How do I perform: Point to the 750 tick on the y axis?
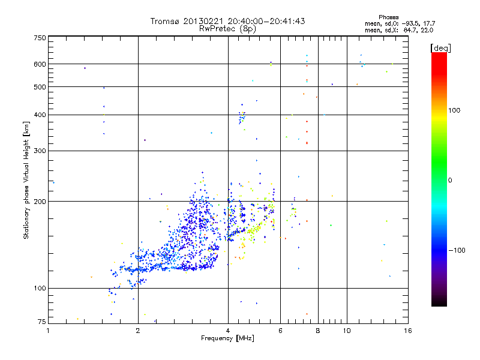pos(40,38)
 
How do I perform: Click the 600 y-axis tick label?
pos(40,64)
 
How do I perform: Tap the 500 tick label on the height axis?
pos(40,87)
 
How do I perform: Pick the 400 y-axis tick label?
pos(40,115)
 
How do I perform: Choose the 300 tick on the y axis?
pos(40,151)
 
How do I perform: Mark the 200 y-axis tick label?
pos(40,202)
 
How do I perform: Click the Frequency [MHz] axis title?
pos(228,339)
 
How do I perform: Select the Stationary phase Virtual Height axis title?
pos(26,180)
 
